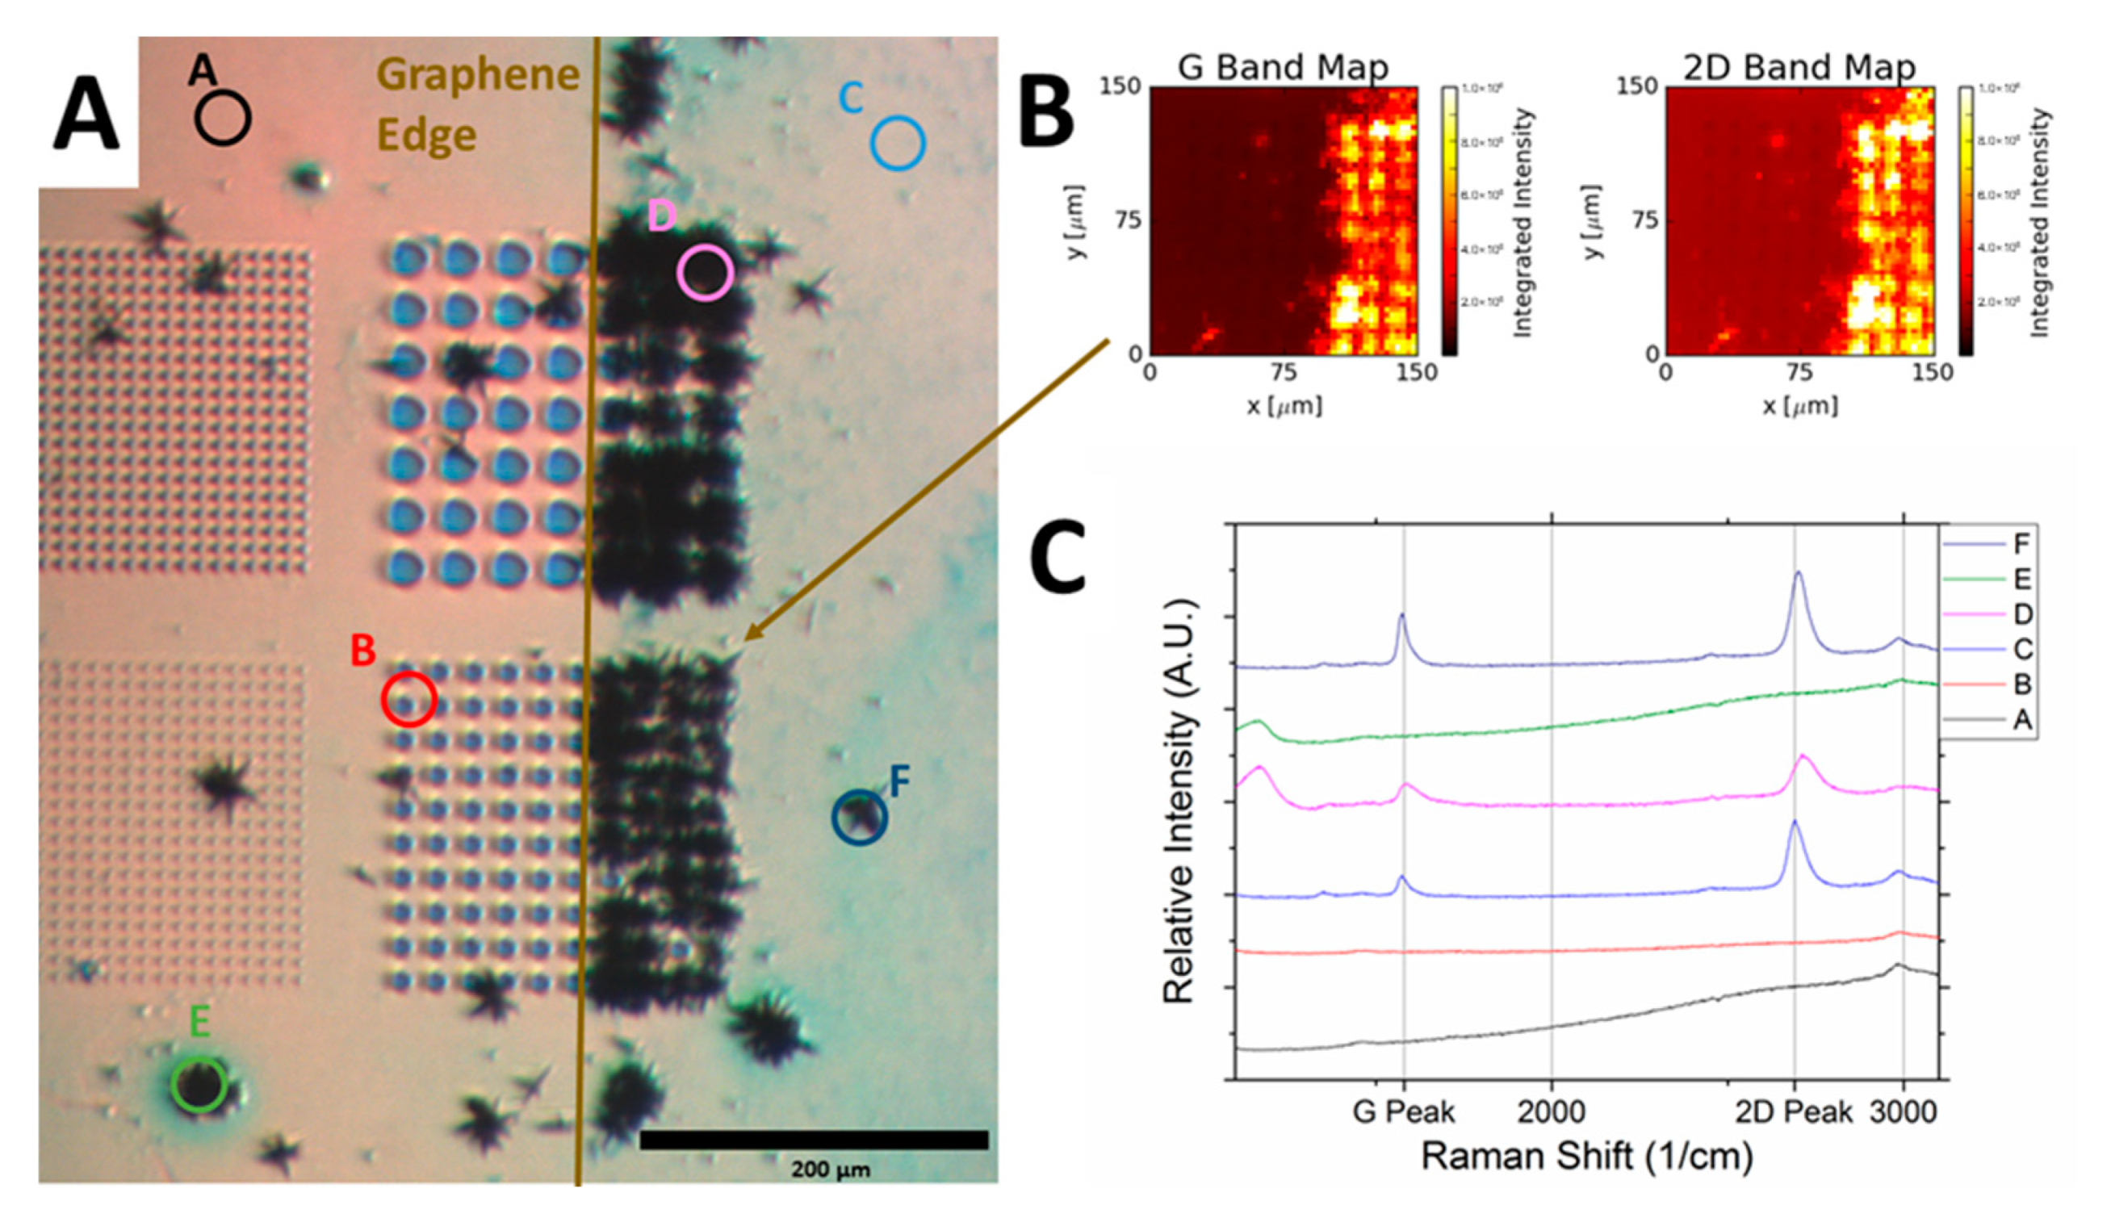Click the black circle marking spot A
click(x=223, y=118)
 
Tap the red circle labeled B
click(x=409, y=698)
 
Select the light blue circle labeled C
click(x=898, y=143)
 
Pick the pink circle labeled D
click(x=706, y=273)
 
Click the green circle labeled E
click(x=199, y=1084)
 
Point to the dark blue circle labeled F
click(x=859, y=817)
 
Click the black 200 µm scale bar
click(x=813, y=1140)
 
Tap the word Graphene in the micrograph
click(x=479, y=75)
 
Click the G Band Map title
click(x=1283, y=67)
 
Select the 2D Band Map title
click(x=1799, y=67)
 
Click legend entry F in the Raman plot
click(x=2021, y=545)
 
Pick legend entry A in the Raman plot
click(x=2021, y=719)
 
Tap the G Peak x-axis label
click(x=1403, y=1111)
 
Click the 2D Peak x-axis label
click(x=1793, y=1111)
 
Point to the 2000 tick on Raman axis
click(x=1552, y=1111)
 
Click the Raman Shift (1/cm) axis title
click(x=1586, y=1157)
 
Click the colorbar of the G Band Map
click(x=1448, y=221)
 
